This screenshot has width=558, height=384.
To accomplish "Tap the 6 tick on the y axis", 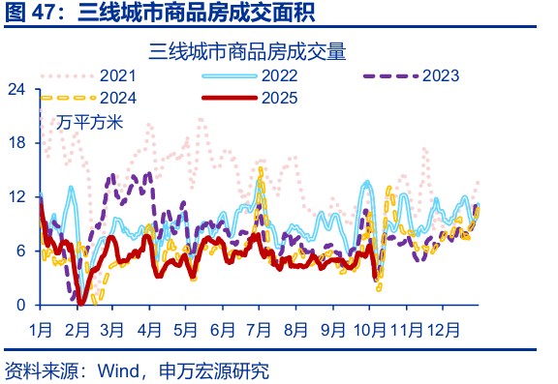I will point(20,251).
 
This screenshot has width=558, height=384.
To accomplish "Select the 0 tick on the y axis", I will point(20,306).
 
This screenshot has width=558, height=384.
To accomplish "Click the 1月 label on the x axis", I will point(41,327).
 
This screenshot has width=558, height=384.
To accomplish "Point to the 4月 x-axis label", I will point(149,327).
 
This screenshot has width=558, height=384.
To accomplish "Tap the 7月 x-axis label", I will point(260,327).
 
